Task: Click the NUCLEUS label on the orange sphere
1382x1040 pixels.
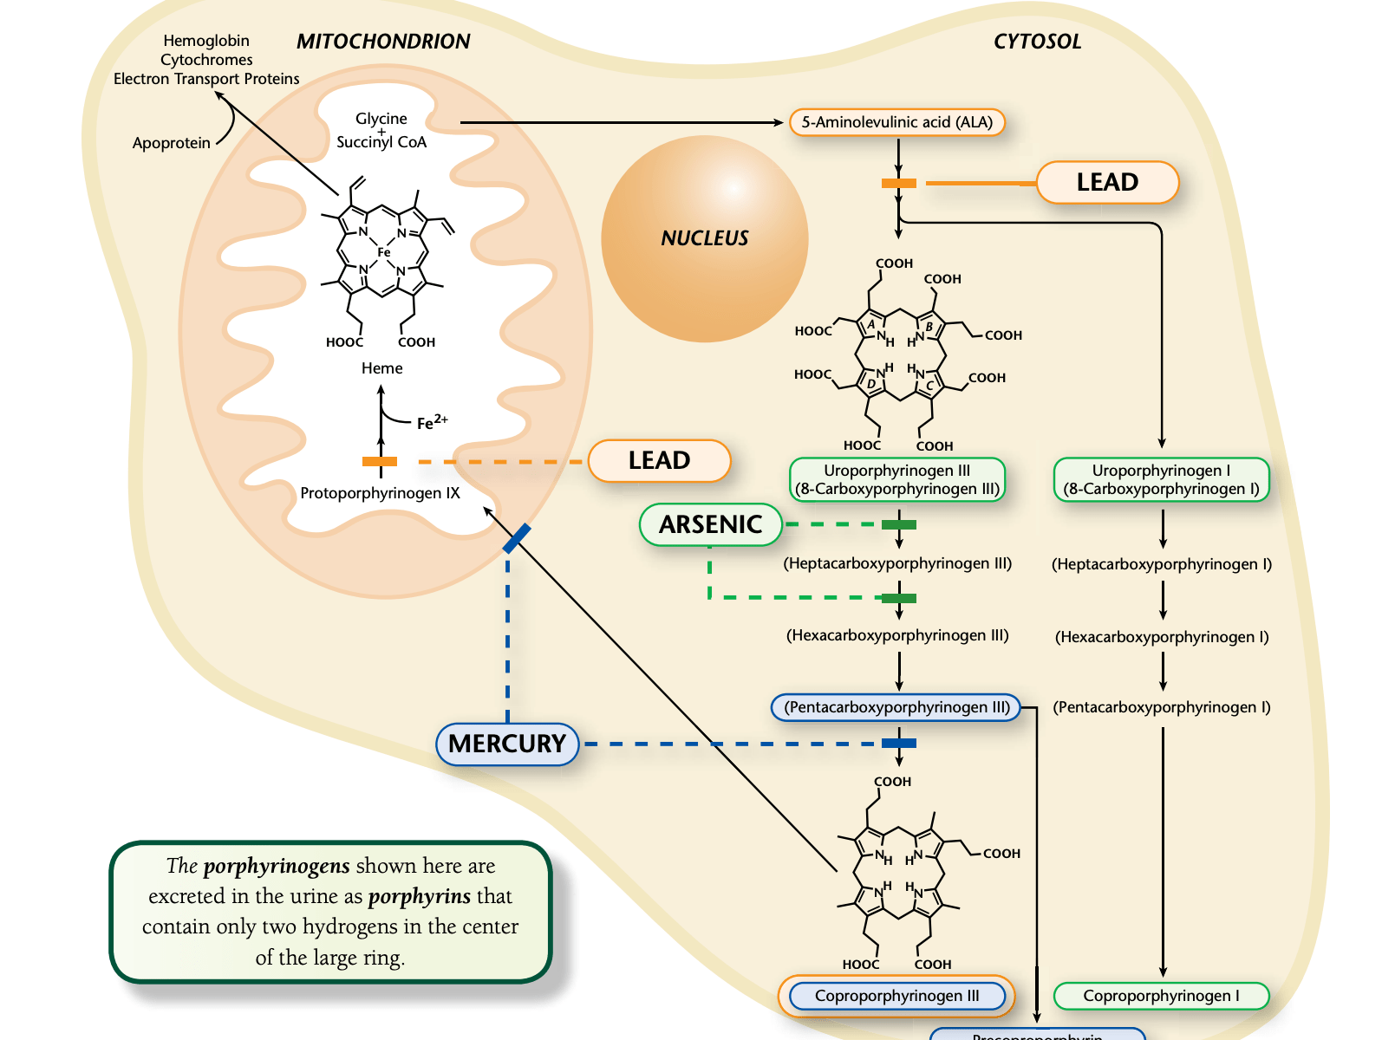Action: (x=704, y=238)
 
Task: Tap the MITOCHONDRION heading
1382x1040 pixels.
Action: (x=383, y=42)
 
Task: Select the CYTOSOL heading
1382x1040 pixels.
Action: (x=1037, y=42)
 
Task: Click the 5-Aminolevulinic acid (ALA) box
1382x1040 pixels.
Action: (x=897, y=122)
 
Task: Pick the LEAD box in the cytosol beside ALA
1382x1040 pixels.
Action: (x=1107, y=182)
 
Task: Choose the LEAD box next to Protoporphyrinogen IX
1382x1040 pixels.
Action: (x=659, y=460)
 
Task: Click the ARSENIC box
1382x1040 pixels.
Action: (x=710, y=524)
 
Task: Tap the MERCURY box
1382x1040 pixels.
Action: (x=507, y=744)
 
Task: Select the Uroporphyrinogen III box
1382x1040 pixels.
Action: (x=897, y=480)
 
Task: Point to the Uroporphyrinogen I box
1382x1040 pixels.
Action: (x=1161, y=480)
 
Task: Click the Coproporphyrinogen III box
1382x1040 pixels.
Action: (x=896, y=996)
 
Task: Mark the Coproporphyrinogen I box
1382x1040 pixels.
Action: (x=1161, y=996)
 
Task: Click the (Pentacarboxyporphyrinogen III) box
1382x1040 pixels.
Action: (x=896, y=707)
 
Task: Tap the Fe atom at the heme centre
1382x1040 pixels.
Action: (x=383, y=252)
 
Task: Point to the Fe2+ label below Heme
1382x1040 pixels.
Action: (x=432, y=423)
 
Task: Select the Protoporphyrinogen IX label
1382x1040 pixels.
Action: (x=380, y=493)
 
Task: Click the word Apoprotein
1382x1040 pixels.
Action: (x=171, y=143)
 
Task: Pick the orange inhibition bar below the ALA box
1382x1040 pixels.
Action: (x=899, y=183)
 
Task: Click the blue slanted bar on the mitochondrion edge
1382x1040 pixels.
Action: (x=517, y=538)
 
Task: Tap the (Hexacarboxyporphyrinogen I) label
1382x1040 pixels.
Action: (x=1162, y=637)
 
